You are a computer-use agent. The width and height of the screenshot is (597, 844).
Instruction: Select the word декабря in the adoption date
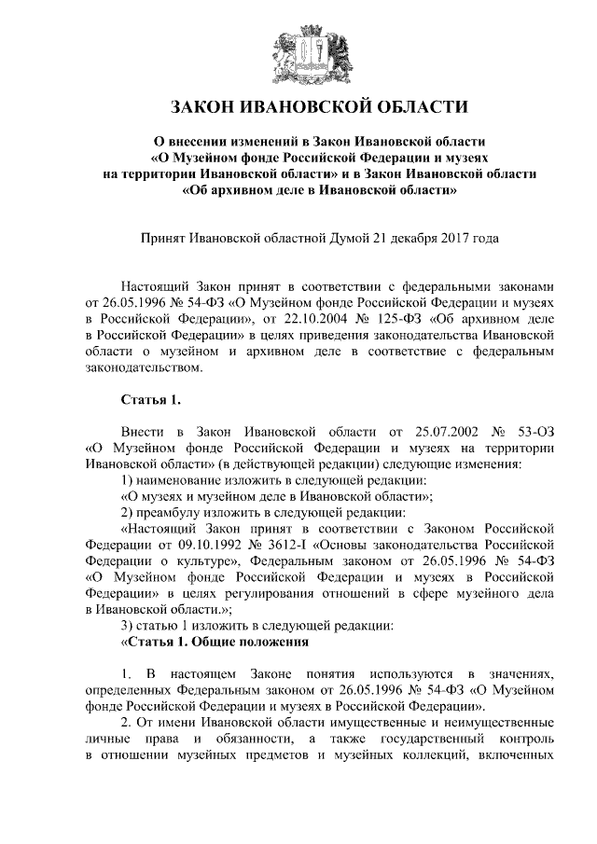(x=436, y=238)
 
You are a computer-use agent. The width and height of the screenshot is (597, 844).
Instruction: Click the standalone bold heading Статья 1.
(x=149, y=401)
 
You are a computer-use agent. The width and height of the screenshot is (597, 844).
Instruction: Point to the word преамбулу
(x=175, y=512)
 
